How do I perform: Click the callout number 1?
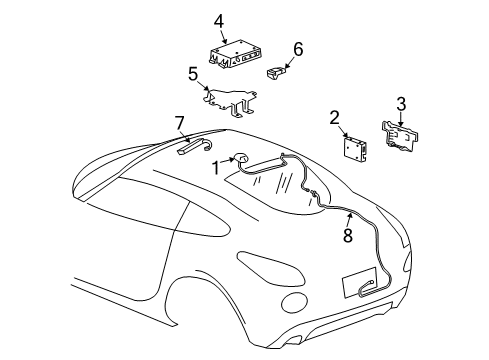[x=215, y=168]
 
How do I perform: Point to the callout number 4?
[x=218, y=20]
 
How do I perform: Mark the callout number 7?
[x=180, y=124]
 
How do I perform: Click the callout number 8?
[x=348, y=236]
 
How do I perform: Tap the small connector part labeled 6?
[x=279, y=70]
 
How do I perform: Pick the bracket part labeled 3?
[x=403, y=136]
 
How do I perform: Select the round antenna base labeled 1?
[x=242, y=158]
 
